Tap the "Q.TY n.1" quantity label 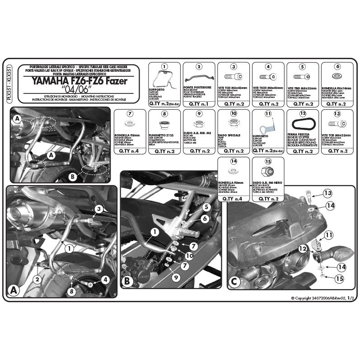(199, 104)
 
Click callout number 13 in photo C (328, 194)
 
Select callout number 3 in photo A (98, 208)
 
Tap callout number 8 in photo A (70, 291)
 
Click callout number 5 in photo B (206, 207)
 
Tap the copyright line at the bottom (323, 298)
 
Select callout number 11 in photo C (329, 234)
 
